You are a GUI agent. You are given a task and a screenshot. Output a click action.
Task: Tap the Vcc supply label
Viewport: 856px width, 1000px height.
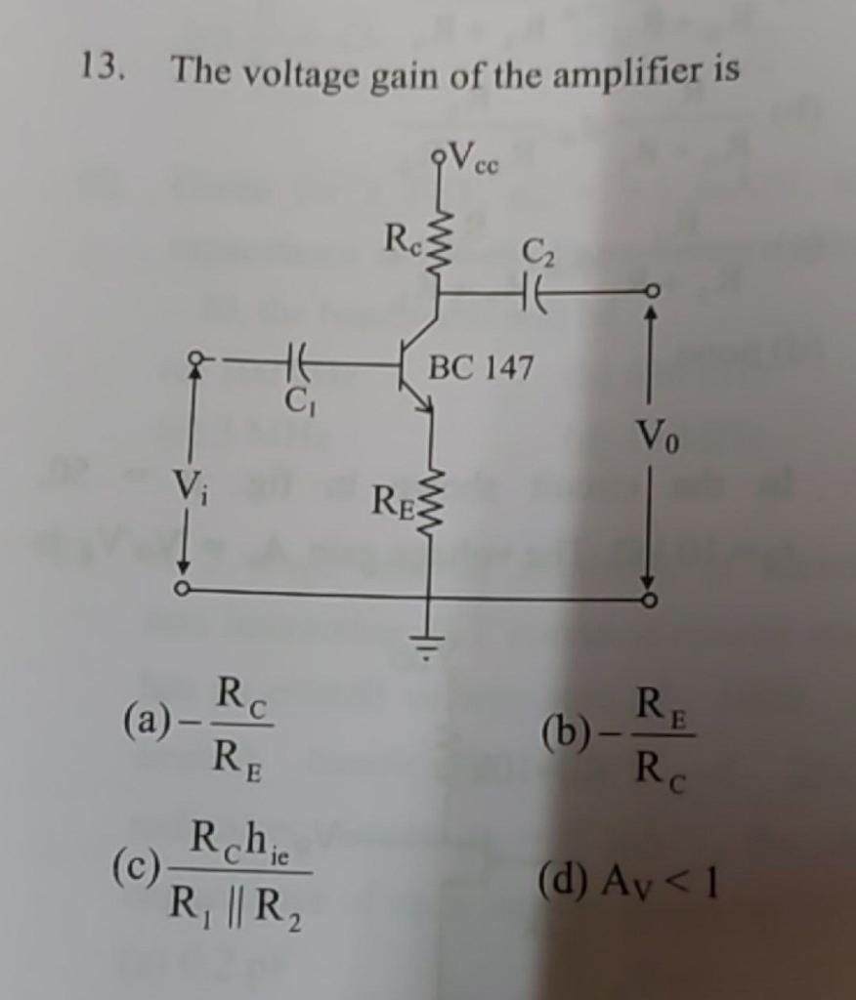click(476, 157)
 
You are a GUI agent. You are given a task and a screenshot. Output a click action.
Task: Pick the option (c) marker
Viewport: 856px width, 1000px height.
click(136, 865)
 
